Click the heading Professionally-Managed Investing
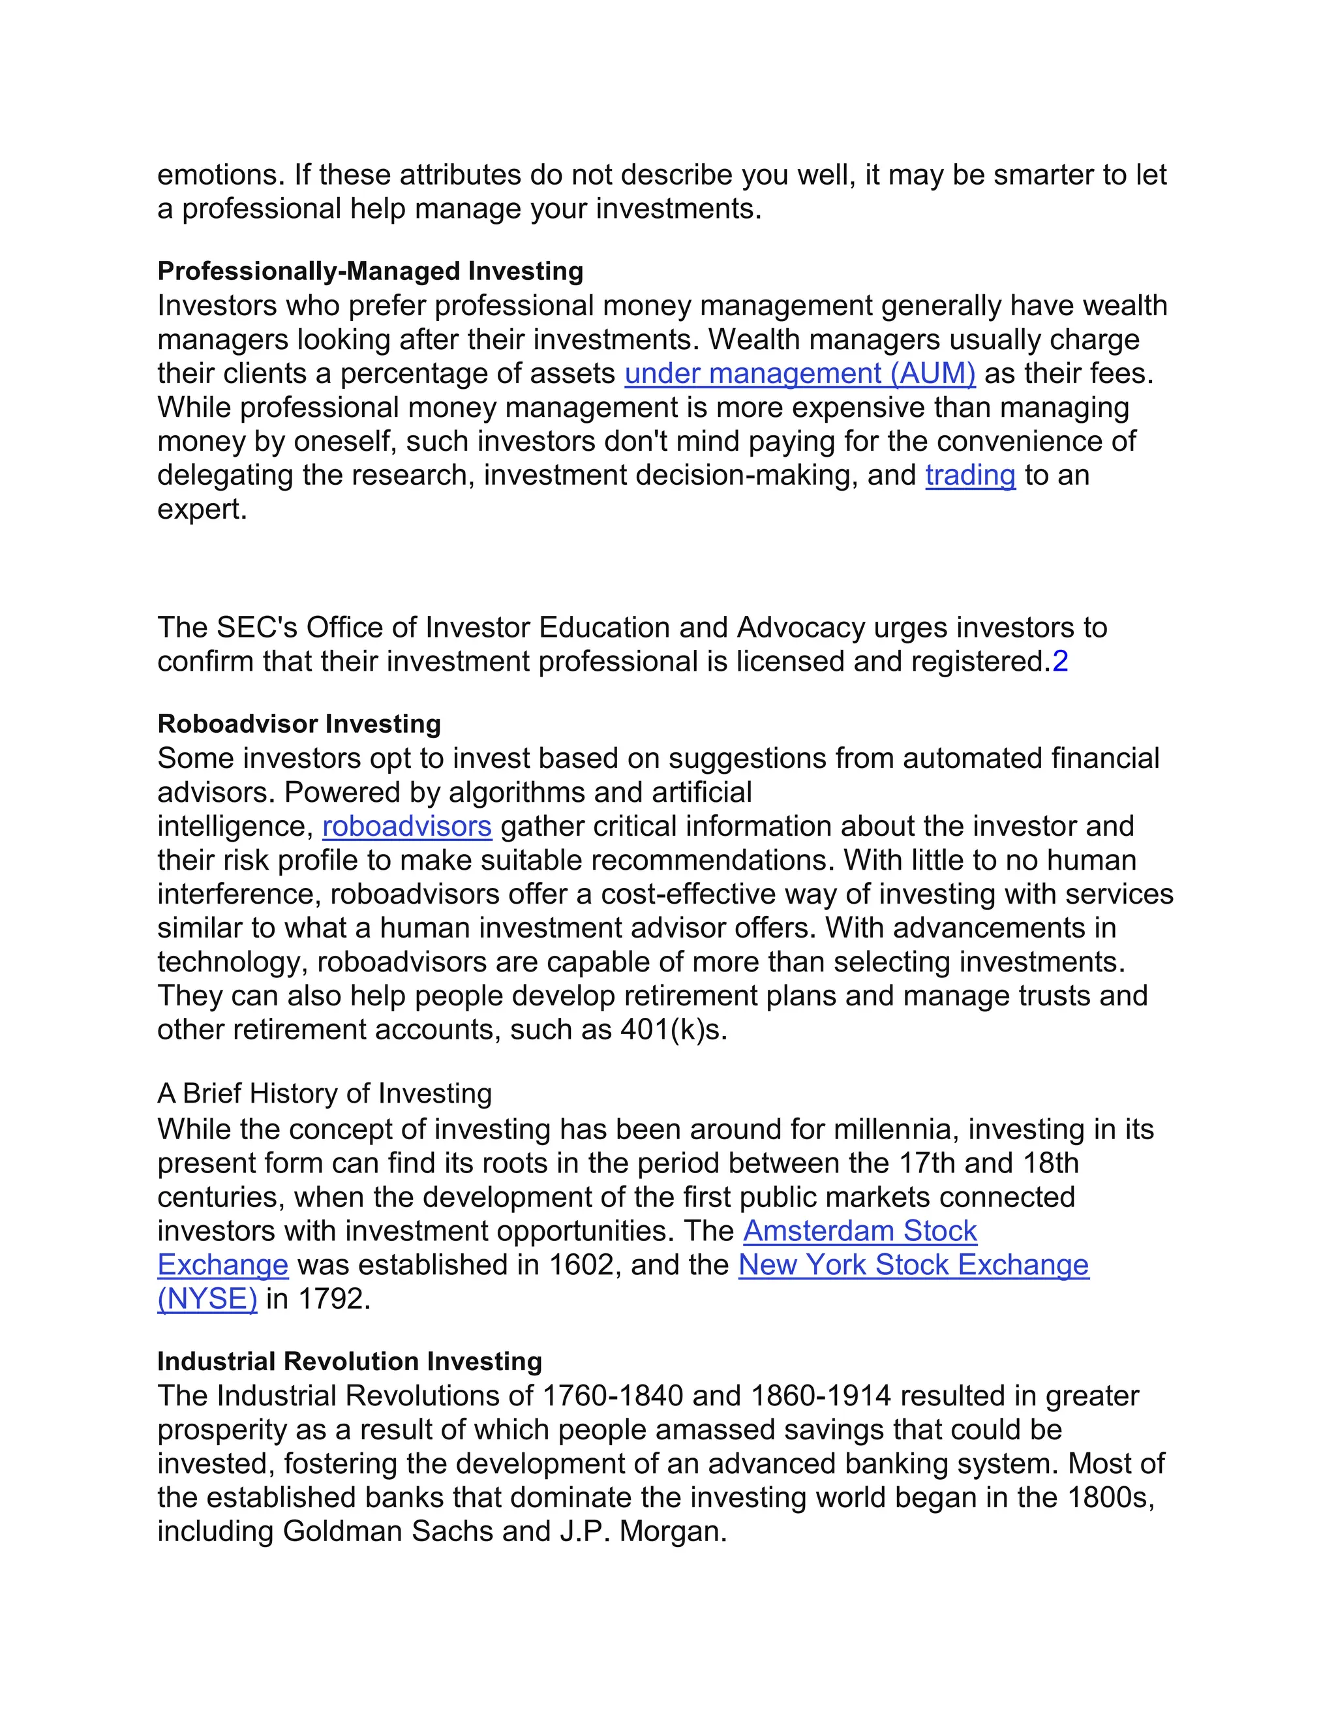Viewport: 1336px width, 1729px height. coord(370,271)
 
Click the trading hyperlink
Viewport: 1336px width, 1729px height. coord(969,475)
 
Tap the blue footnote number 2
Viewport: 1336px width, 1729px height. coord(1060,661)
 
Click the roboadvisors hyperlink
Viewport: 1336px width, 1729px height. coord(407,826)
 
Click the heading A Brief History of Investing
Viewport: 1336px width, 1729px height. coord(324,1094)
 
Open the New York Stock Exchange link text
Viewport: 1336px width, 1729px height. coord(913,1265)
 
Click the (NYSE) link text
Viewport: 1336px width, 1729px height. coord(207,1299)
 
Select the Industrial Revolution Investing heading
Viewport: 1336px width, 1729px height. coord(349,1361)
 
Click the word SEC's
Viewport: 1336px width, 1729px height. coord(256,628)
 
